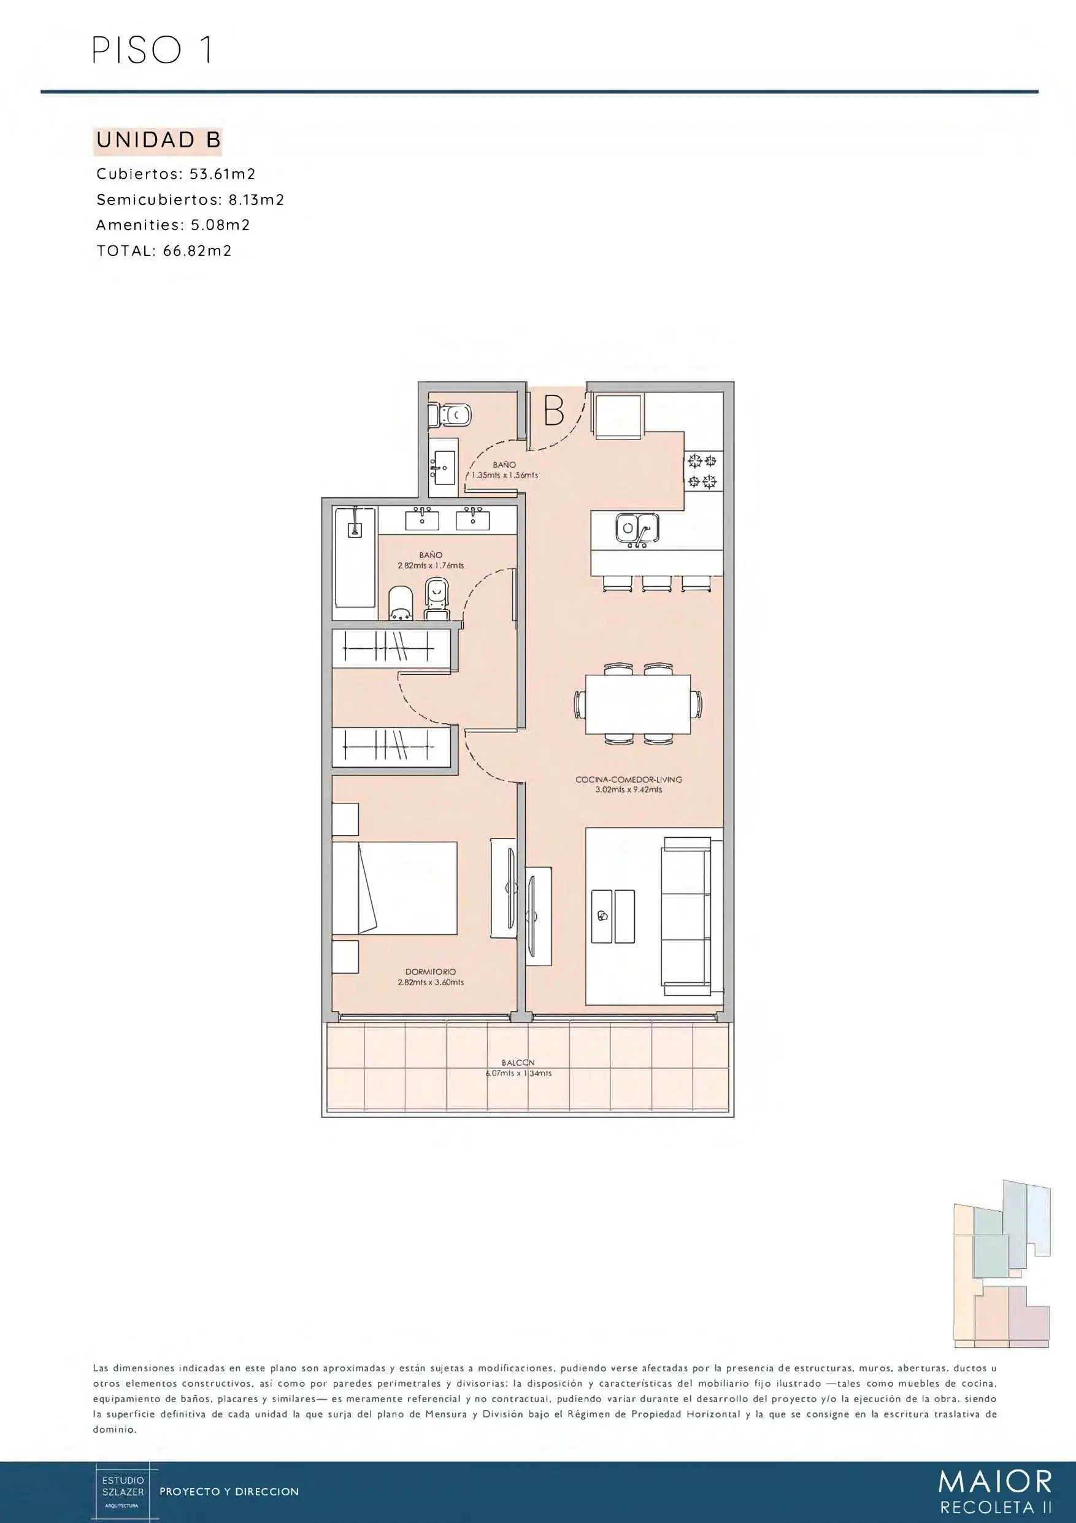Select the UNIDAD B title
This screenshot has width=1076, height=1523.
tap(158, 140)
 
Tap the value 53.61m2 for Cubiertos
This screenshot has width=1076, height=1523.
tap(223, 174)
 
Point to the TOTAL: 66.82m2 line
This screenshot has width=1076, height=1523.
tap(164, 250)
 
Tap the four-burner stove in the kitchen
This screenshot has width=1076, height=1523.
tap(702, 471)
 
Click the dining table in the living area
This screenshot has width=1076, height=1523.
tap(638, 703)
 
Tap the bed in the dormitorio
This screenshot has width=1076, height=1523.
tap(394, 888)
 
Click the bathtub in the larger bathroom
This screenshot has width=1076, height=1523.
tap(355, 557)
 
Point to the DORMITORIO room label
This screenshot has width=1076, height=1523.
tap(430, 972)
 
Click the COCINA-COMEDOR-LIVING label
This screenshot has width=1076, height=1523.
tap(629, 780)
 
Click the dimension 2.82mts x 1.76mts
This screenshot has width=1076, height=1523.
tap(431, 566)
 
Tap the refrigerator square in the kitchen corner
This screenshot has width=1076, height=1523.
tap(618, 417)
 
